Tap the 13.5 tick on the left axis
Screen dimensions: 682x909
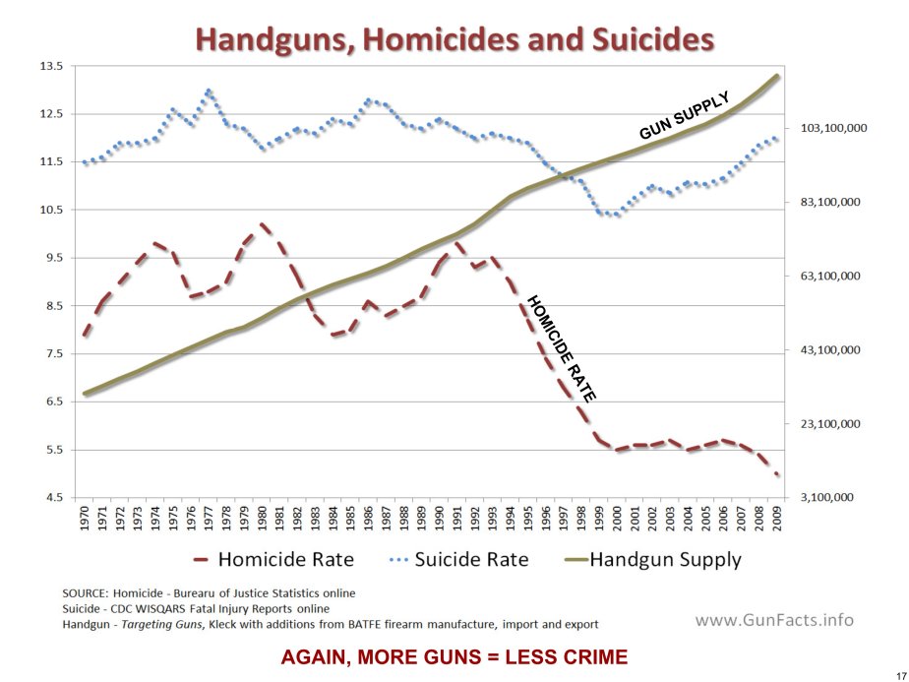51,66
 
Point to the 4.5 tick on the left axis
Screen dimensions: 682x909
51,498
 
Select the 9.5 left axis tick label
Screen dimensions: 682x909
51,258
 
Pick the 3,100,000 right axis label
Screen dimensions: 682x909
830,498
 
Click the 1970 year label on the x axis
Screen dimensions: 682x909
87,520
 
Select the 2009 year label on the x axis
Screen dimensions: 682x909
777,520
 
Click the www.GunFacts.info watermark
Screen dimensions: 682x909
774,620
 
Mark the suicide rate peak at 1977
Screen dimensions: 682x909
209,92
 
